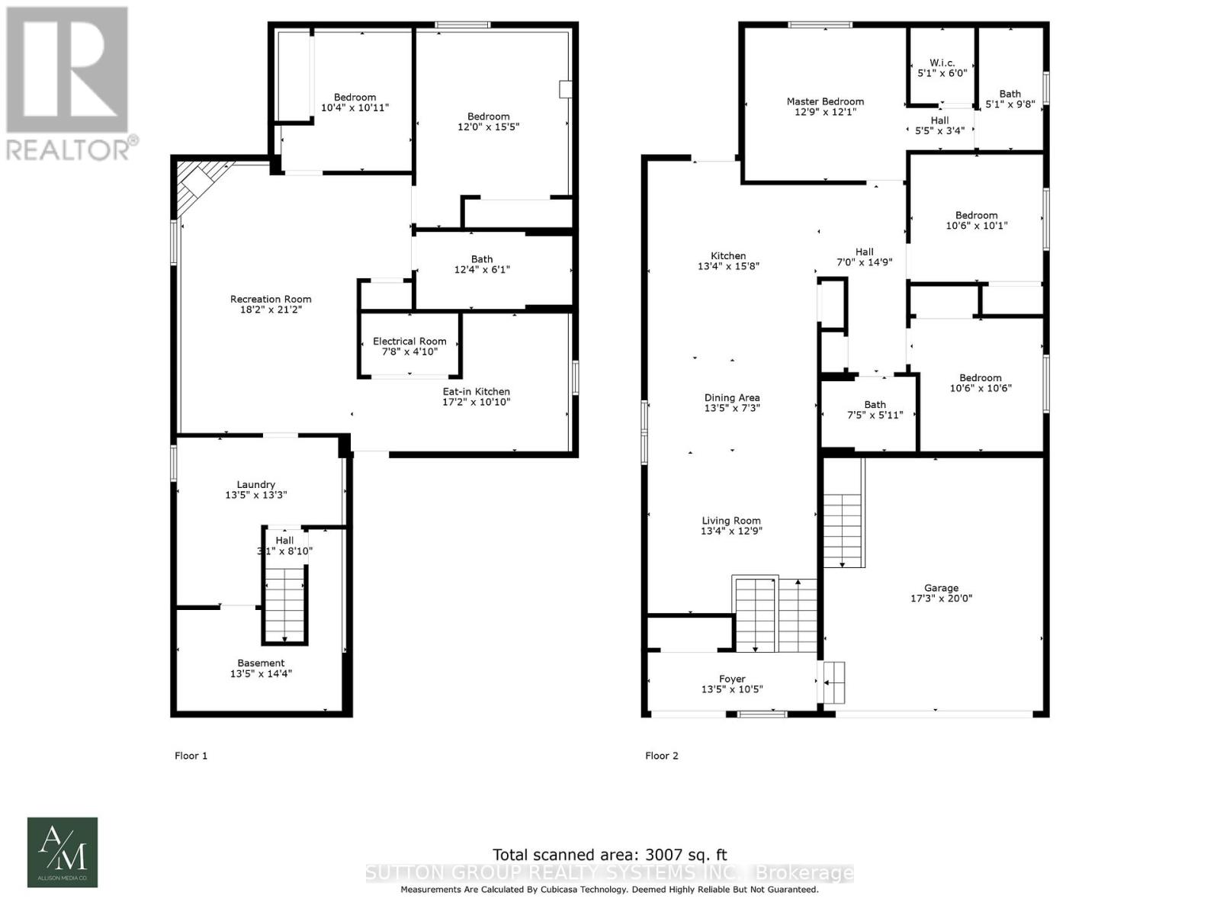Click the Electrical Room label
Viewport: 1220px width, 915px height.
pos(409,342)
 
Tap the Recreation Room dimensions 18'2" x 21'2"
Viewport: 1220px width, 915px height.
pos(271,310)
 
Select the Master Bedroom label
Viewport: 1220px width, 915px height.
pos(825,101)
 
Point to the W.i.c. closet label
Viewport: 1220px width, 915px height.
pos(942,63)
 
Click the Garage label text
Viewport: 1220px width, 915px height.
pos(941,588)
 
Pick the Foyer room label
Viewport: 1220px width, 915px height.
pos(732,679)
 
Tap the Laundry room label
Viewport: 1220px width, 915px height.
pos(255,484)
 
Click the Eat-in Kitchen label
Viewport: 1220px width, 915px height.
pos(477,392)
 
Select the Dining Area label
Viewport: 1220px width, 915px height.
pos(731,397)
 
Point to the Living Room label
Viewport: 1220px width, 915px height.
pos(731,521)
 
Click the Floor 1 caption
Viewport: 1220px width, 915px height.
pos(191,756)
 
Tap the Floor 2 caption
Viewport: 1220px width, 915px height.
pos(661,756)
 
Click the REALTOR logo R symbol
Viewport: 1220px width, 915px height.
pos(66,70)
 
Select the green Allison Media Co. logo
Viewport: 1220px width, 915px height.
pos(63,852)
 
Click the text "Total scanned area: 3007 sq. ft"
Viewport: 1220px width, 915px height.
pos(604,855)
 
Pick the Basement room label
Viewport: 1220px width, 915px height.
pos(261,663)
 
